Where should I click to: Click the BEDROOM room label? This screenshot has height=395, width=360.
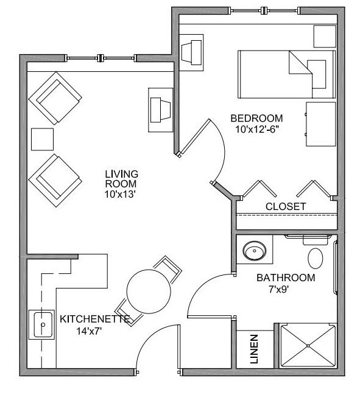(256, 118)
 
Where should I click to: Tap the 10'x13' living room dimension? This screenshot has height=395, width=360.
(120, 194)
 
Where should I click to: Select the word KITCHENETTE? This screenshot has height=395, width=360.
(95, 319)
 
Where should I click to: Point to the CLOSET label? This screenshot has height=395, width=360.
(286, 206)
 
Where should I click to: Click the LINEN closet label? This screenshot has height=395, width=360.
(254, 349)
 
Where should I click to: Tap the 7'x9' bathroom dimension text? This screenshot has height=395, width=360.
(278, 290)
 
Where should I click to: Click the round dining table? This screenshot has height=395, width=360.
(149, 292)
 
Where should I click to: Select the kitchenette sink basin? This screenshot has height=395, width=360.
(43, 325)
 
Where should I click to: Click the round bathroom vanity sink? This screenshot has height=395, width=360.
(255, 251)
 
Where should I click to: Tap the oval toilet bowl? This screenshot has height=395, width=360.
(316, 258)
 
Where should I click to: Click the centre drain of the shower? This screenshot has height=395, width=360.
(308, 346)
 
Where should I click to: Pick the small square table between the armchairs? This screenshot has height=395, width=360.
(43, 139)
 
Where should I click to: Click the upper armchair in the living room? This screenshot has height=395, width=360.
(55, 98)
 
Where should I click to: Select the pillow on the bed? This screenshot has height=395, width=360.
(316, 74)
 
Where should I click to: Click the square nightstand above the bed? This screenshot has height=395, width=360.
(325, 36)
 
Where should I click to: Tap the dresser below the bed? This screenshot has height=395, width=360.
(321, 124)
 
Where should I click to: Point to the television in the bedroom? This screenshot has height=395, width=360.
(191, 52)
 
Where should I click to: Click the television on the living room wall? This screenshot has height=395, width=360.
(161, 110)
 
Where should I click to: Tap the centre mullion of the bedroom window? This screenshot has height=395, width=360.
(264, 10)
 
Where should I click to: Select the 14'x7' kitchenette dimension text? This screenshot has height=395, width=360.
(89, 331)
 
